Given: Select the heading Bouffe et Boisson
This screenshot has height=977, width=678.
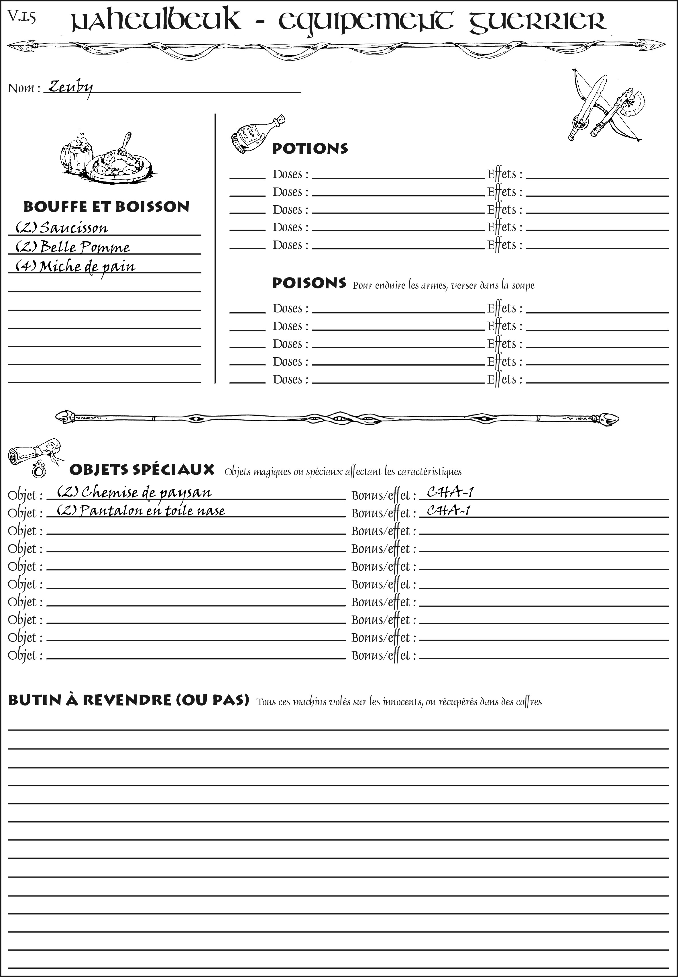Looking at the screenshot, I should [x=106, y=207].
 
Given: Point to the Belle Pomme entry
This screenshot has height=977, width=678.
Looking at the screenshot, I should [x=84, y=247].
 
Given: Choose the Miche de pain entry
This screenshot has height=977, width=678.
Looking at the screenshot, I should [x=87, y=267].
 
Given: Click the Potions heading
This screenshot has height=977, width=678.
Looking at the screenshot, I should [x=310, y=148].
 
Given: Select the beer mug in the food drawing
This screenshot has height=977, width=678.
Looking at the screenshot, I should [x=76, y=155].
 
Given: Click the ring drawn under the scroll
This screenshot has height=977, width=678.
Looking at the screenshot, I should [x=39, y=470].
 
